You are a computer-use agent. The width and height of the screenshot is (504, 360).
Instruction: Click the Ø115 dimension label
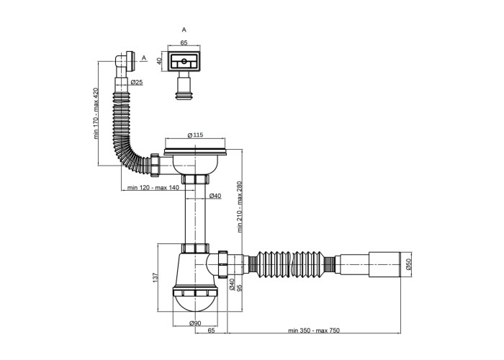[195, 135]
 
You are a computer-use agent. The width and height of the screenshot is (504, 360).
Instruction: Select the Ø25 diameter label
[137, 82]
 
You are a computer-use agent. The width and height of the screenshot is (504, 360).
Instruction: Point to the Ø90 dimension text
[195, 323]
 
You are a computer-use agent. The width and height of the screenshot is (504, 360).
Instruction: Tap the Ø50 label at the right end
[408, 264]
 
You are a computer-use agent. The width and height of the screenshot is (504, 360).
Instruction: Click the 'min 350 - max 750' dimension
[314, 330]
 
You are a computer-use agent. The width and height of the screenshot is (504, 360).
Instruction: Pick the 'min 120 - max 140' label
[153, 188]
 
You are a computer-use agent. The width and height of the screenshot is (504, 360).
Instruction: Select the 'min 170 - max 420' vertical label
[96, 114]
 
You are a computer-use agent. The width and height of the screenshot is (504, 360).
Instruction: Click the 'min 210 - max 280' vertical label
[240, 207]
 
